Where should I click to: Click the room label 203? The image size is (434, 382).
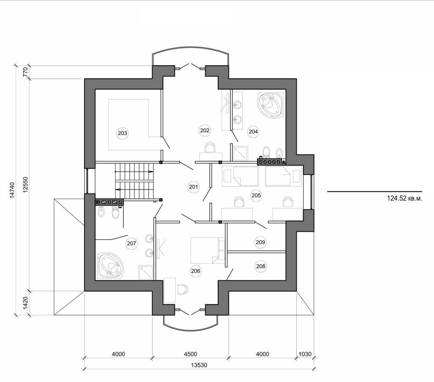122,133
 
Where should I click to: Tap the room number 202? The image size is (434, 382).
204,131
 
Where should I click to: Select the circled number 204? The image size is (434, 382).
253,132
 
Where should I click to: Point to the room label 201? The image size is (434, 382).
193,187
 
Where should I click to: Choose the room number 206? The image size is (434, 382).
195,271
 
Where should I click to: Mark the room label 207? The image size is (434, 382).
131,243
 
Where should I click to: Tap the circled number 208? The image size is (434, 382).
261,266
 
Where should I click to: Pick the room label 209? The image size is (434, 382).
260,242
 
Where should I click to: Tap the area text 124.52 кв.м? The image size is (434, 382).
404,198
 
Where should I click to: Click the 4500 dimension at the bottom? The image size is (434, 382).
190,354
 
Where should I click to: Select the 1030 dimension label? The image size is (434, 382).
305,354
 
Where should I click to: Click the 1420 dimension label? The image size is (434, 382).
25,303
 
